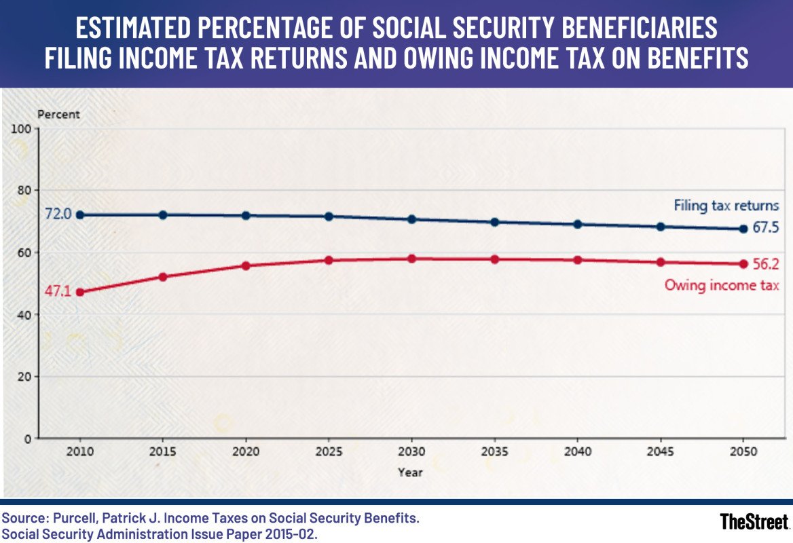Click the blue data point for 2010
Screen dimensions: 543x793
(80, 214)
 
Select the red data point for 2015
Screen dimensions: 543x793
(163, 277)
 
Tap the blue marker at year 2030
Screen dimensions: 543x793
(411, 219)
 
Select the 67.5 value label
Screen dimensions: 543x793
(765, 229)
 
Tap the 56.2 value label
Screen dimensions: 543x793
(765, 264)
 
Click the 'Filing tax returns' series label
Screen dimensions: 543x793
(726, 205)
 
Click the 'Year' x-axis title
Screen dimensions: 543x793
(411, 472)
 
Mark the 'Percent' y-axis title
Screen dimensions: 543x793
(58, 115)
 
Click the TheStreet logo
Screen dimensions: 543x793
(754, 521)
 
